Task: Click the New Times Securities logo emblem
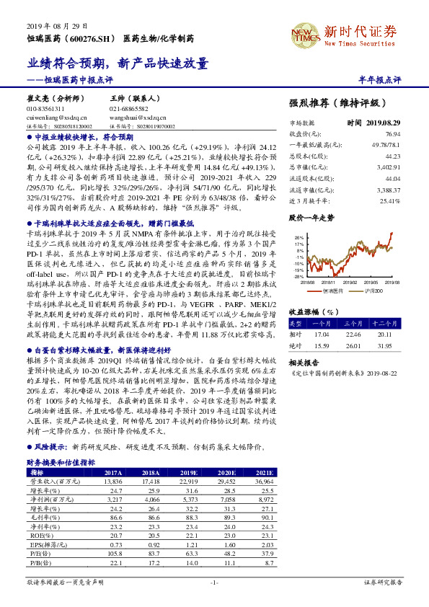pos(304,33)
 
